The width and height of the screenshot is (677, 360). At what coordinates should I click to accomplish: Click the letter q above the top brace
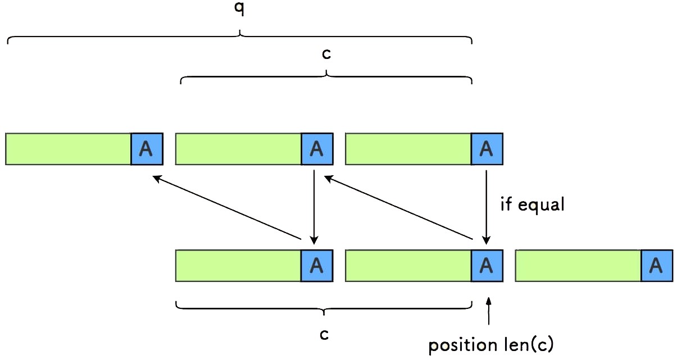click(240, 10)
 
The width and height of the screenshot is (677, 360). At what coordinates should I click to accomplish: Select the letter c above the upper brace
click(326, 54)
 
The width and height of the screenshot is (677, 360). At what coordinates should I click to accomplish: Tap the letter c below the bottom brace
click(324, 334)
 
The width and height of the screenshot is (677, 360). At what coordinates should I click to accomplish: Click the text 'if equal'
click(532, 204)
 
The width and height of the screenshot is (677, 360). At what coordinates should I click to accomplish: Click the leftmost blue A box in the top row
click(147, 149)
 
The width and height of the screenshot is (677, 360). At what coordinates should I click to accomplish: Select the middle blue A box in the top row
click(317, 149)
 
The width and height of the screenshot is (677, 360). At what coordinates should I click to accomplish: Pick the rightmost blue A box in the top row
click(487, 149)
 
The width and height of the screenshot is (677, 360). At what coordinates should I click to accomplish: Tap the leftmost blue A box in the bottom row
click(317, 266)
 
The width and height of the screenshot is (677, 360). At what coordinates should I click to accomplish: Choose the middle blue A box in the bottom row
click(487, 266)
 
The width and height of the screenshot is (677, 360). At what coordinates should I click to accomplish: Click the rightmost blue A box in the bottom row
click(657, 266)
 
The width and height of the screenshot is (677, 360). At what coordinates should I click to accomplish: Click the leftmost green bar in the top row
click(69, 149)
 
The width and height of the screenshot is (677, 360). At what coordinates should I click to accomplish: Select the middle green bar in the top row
click(239, 149)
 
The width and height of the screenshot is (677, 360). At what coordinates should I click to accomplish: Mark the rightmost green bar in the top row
click(408, 149)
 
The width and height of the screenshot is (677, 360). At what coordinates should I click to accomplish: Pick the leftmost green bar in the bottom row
click(239, 266)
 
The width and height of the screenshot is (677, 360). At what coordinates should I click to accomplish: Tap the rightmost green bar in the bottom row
click(578, 266)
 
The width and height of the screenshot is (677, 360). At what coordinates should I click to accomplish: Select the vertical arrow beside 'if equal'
click(487, 205)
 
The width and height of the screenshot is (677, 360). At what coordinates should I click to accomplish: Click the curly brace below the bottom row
click(324, 308)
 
